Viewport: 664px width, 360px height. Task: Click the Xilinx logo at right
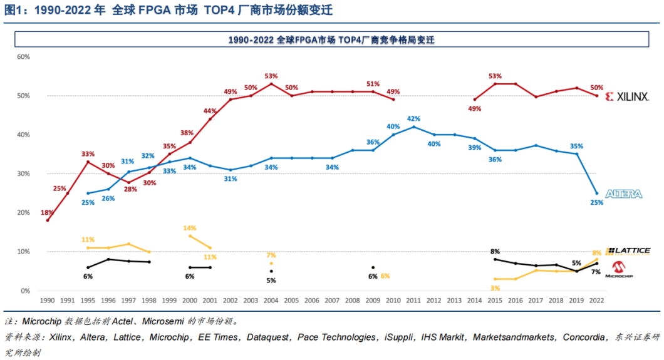627,96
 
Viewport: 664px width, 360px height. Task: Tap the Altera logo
623,194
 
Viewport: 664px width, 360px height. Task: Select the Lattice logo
628,250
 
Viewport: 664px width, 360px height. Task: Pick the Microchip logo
623,269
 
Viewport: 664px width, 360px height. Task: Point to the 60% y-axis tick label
23,56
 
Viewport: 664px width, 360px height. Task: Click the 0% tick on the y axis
25,291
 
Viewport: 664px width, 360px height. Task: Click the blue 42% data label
413,118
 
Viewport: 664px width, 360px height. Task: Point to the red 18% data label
47,213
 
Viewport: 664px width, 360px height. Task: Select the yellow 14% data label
190,228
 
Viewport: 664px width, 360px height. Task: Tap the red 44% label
210,111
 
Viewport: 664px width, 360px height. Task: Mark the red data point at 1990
48,220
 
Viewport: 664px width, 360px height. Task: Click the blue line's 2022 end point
596,193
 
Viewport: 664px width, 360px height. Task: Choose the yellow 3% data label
495,287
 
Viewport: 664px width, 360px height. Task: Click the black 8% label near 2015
495,252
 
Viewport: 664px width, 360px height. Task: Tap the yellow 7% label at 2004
271,255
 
